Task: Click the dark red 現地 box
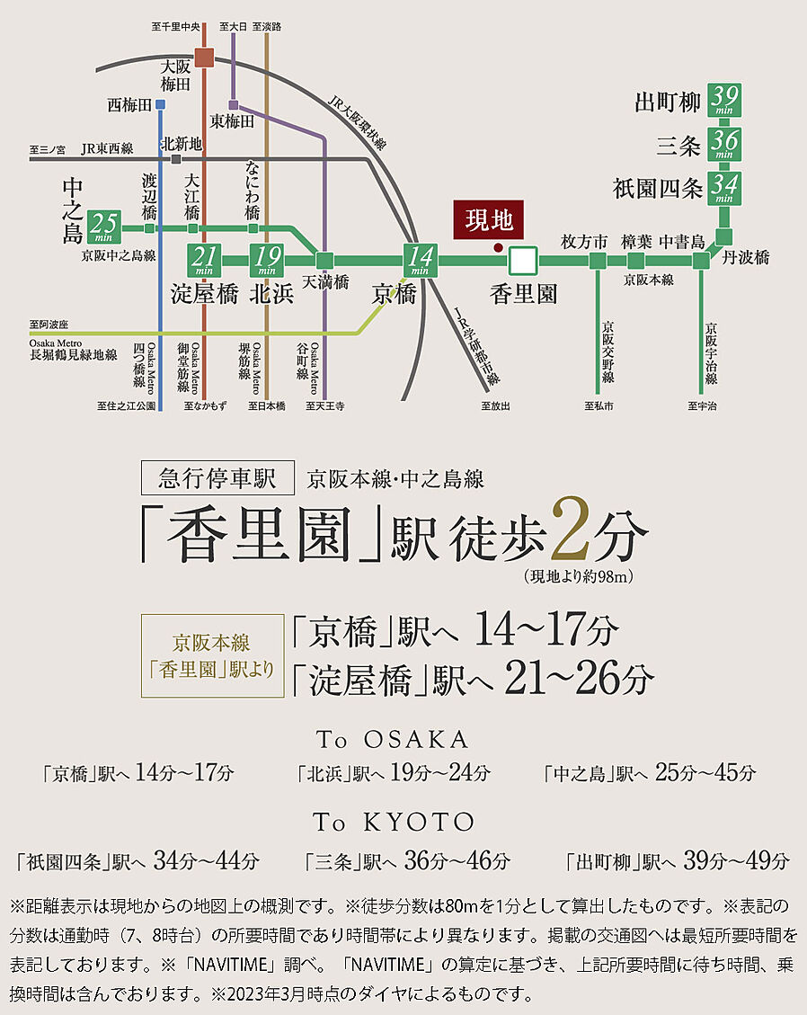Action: point(489,219)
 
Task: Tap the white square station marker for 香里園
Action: point(522,261)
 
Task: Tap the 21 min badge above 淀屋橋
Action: point(202,261)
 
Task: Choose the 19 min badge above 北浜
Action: point(266,261)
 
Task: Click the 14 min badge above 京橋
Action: point(420,261)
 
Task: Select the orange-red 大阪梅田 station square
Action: point(205,58)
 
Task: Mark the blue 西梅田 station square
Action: point(159,104)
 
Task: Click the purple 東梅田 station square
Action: point(233,104)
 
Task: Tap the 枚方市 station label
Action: point(584,241)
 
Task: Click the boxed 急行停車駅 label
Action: point(218,477)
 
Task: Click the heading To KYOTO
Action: point(393,822)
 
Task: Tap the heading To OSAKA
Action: point(393,739)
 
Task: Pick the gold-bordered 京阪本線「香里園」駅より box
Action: point(211,655)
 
